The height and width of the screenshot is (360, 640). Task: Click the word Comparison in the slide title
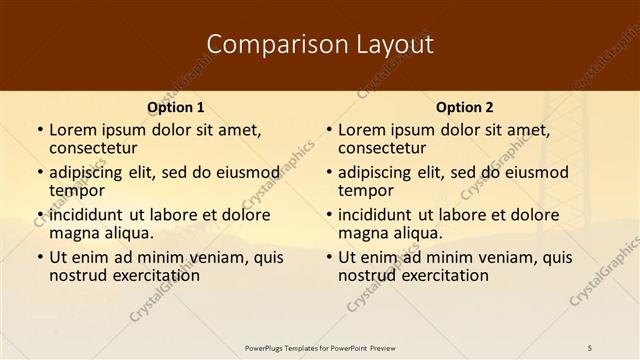[x=264, y=44]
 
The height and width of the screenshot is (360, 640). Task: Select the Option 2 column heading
[x=464, y=107]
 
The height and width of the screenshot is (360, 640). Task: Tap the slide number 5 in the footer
[x=591, y=347]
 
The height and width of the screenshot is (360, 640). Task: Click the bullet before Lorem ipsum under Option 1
[x=38, y=130]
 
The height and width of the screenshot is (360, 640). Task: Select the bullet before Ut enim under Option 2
[x=327, y=257]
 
